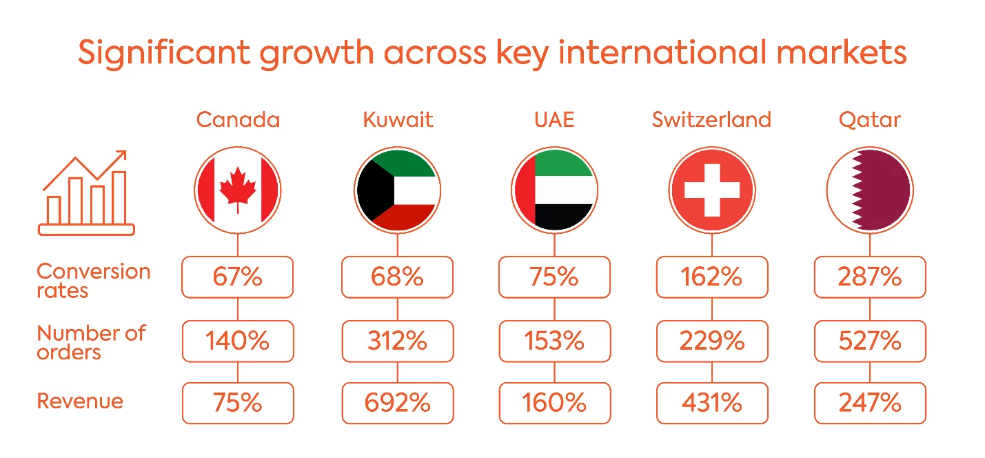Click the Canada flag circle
(237, 190)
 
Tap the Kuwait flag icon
(398, 190)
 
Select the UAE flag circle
(554, 190)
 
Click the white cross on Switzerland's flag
(712, 190)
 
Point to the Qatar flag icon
(870, 190)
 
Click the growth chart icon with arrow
(86, 192)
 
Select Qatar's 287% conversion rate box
(870, 277)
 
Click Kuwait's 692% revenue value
(398, 403)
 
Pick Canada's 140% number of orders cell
(238, 341)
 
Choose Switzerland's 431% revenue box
(712, 403)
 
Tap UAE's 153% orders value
(554, 341)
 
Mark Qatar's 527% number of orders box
(870, 341)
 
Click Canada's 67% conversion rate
(237, 277)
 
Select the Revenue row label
(80, 401)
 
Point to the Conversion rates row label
(93, 281)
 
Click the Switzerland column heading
(711, 119)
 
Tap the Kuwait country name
(398, 119)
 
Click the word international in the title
(662, 52)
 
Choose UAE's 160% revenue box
(554, 403)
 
